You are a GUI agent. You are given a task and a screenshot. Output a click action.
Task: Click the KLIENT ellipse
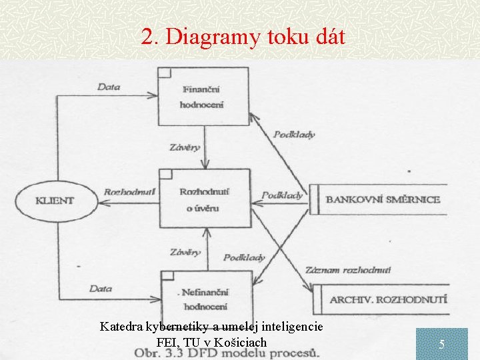click(x=55, y=199)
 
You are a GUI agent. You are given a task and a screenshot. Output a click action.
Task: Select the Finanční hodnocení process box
click(x=203, y=96)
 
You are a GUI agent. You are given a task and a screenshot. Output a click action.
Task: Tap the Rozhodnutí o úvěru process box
click(x=204, y=199)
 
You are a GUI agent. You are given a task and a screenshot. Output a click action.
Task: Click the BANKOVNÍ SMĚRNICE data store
click(x=383, y=199)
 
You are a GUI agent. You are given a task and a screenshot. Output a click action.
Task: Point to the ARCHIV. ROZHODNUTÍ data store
click(x=389, y=300)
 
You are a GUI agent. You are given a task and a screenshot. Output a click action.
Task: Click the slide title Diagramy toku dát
click(x=243, y=37)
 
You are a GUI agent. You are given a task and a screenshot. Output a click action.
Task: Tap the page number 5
click(x=441, y=345)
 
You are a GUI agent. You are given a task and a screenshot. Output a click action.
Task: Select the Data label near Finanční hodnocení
click(x=109, y=87)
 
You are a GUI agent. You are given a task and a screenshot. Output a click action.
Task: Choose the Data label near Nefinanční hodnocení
click(x=101, y=288)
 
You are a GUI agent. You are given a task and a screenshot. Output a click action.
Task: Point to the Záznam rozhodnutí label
click(x=348, y=271)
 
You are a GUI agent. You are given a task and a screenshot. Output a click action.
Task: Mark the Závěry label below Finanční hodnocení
click(x=185, y=147)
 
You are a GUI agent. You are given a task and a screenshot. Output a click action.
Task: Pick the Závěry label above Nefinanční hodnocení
click(x=185, y=253)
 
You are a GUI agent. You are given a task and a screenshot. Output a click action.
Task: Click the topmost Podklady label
click(x=293, y=134)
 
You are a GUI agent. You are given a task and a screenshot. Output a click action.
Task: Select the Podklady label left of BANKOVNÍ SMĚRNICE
click(x=281, y=196)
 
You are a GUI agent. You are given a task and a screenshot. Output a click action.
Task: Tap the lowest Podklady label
click(x=244, y=257)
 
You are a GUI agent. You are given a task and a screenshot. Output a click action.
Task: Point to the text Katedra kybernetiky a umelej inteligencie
click(x=211, y=327)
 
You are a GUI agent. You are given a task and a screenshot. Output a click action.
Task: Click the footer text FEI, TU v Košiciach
click(x=211, y=342)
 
